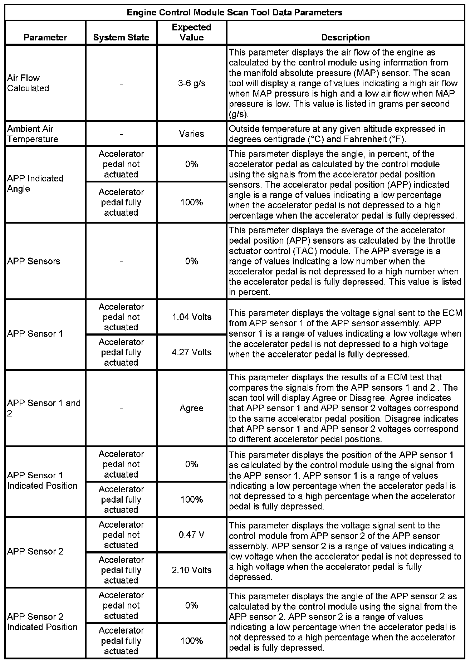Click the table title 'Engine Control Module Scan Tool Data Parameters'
pos(235,13)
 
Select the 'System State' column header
pos(121,38)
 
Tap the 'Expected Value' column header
pos(191,32)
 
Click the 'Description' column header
pos(345,38)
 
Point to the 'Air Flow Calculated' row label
pos(28,83)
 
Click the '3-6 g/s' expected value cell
pos(191,83)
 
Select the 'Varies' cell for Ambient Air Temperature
pos(191,134)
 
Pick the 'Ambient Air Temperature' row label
pos(33,134)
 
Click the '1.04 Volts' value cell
pos(191,317)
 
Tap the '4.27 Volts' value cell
pos(191,352)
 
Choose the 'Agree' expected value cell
pos(191,408)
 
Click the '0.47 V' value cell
pos(191,535)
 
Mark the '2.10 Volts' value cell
pos(191,570)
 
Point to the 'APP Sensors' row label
pos(34,261)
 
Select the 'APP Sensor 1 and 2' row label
pos(44,408)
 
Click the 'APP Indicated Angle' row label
pos(35,184)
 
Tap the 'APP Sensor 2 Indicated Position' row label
pos(42,622)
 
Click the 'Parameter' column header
pos(45,38)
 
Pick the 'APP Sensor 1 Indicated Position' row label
pos(42,480)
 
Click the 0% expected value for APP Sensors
pos(191,261)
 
